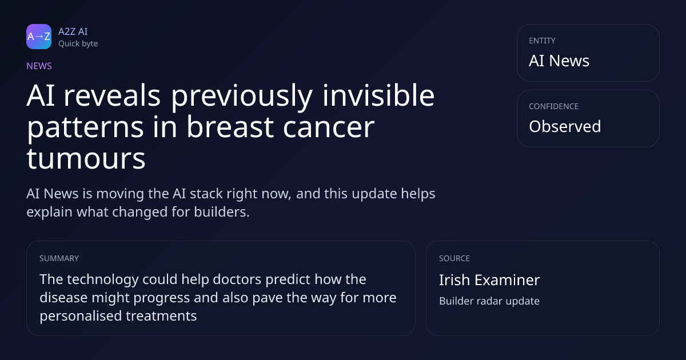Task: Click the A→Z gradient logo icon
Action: pos(39,37)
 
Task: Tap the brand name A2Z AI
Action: pos(73,31)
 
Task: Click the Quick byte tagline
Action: pos(78,44)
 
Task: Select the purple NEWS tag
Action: pos(39,66)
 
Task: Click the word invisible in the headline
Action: pos(378,95)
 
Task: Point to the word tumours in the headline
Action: pos(86,159)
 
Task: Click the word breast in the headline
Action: pos(230,127)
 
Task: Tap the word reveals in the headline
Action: pos(112,95)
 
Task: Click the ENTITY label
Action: pos(542,41)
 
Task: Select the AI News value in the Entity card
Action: pos(559,61)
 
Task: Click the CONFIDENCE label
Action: pos(554,106)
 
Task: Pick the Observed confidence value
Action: pos(565,126)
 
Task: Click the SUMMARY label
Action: pos(59,258)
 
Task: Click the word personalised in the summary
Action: pos(81,316)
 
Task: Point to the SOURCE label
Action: pos(454,258)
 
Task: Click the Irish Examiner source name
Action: pos(489,280)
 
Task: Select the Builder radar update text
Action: pos(489,301)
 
